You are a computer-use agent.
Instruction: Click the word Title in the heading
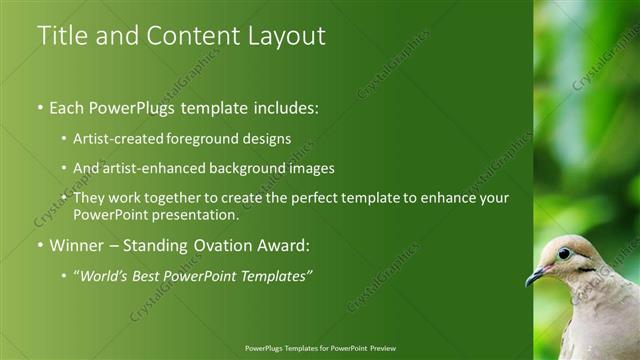61,36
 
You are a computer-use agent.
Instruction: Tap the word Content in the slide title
186,36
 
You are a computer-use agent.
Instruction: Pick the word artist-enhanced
149,168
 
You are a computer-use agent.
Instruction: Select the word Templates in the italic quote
275,276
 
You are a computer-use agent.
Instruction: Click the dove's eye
564,253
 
